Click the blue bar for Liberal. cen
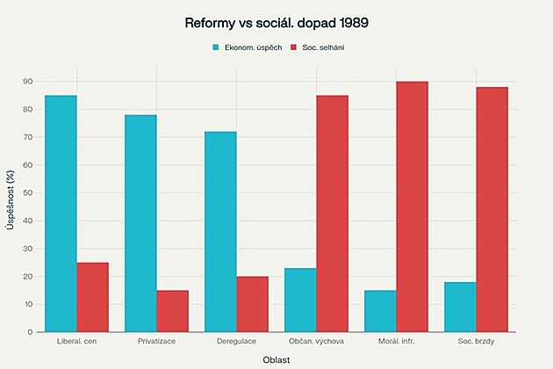61,213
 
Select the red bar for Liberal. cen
92,297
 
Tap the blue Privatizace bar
140,223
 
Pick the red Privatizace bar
172,311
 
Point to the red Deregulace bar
252,304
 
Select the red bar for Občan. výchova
332,213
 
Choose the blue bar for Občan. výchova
300,300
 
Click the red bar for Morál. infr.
412,206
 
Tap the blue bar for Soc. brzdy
460,307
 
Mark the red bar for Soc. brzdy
492,209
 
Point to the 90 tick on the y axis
28,82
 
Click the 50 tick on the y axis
28,193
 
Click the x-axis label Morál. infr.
396,341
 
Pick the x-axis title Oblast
276,359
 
